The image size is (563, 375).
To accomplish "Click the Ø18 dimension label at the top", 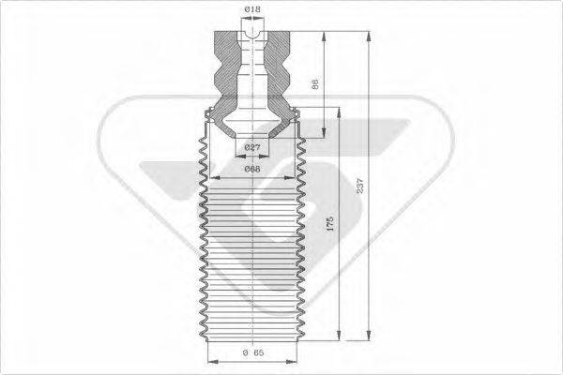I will [x=251, y=9].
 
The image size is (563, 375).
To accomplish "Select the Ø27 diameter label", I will [x=251, y=148].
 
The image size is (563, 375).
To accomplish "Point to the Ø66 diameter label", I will [x=251, y=169].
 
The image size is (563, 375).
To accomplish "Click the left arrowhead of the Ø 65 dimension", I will [x=209, y=361].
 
